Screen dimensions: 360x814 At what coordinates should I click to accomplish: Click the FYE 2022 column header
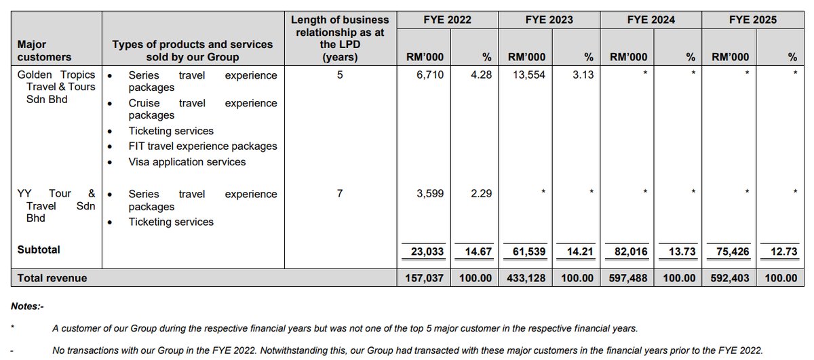(447, 20)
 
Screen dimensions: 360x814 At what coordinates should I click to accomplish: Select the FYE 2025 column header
(752, 20)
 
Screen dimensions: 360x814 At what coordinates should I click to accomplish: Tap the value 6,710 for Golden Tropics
(430, 75)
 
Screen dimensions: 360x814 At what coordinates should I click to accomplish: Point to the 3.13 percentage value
(582, 75)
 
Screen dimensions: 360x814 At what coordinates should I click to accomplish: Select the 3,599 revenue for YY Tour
(430, 194)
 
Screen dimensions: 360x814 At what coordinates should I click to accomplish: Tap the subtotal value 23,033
(427, 252)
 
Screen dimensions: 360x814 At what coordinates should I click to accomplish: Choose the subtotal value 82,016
(631, 252)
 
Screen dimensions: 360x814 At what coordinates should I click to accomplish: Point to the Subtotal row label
(39, 249)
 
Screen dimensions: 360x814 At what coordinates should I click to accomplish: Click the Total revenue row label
(52, 277)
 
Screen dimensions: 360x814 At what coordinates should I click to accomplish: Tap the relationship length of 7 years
(340, 194)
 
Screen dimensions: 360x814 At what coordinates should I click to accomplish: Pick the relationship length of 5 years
(340, 75)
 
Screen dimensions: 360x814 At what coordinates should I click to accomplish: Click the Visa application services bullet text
(187, 162)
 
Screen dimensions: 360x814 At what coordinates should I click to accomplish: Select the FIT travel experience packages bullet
(203, 146)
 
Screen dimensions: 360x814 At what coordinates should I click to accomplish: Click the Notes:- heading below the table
(27, 306)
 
